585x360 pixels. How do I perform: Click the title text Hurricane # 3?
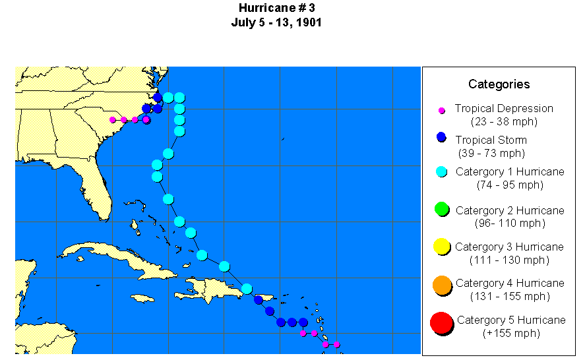[x=276, y=8]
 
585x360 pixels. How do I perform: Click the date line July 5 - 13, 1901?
[x=276, y=22]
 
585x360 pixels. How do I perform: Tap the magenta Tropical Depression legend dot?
[x=442, y=110]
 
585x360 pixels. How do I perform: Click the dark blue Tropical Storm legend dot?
[x=442, y=137]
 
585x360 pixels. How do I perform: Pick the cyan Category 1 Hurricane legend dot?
[x=442, y=172]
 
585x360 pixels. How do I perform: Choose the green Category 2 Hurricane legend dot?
[x=442, y=210]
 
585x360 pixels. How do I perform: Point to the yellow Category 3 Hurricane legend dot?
[x=442, y=247]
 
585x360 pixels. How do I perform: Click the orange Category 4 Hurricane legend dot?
[x=442, y=285]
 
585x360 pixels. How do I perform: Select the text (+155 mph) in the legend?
[x=511, y=334]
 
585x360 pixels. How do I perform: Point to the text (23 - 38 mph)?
[x=504, y=121]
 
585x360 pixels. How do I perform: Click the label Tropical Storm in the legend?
[x=491, y=140]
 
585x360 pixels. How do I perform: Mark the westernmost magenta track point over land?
[x=113, y=120]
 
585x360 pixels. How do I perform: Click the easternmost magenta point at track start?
[x=336, y=344]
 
